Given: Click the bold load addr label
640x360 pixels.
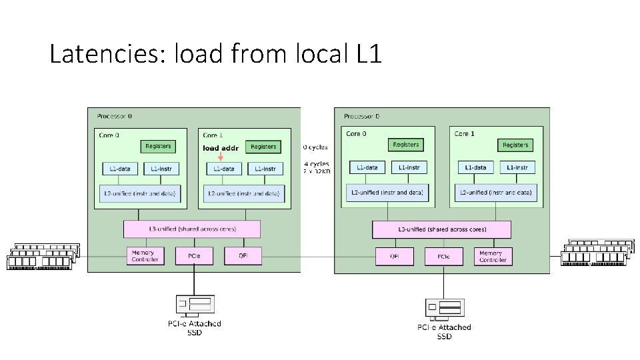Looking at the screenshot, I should (220, 148).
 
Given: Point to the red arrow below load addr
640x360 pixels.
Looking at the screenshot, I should (221, 157).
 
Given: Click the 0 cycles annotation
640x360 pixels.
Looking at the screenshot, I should (315, 147).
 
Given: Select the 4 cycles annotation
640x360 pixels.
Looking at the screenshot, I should (316, 164).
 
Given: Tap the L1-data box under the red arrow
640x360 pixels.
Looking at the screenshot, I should (223, 169).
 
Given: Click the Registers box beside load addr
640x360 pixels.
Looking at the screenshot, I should (263, 147).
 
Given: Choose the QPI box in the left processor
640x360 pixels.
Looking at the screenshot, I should (243, 255).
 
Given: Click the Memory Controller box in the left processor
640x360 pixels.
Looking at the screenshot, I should (145, 256).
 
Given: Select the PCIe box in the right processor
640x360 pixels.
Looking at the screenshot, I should (443, 256).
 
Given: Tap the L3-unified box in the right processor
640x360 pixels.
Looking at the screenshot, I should (441, 230).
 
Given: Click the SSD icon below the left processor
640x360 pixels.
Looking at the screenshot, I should (194, 305).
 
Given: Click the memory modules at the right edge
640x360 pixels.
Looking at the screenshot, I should (596, 253).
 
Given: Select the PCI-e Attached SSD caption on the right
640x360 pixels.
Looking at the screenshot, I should (444, 331).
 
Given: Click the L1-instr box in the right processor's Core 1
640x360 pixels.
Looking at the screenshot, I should (517, 167).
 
